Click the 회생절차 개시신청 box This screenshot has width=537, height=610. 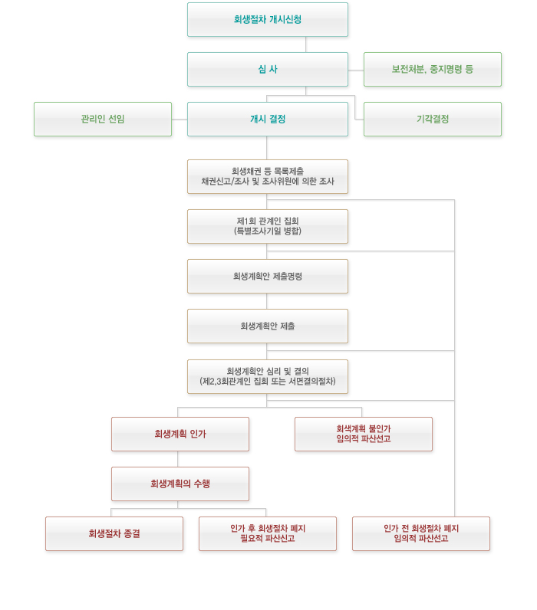(x=267, y=20)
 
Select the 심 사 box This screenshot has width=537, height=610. (x=267, y=70)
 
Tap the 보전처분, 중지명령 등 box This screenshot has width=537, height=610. (x=432, y=70)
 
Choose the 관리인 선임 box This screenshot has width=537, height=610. (x=102, y=120)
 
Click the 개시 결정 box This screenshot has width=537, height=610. (x=267, y=120)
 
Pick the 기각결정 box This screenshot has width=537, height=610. (x=432, y=120)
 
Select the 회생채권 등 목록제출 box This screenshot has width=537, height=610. (x=267, y=176)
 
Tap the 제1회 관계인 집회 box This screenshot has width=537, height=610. (x=267, y=226)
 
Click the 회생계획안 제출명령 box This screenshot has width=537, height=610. (x=267, y=276)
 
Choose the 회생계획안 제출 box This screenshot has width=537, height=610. (x=267, y=326)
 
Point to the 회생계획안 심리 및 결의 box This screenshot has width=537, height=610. (x=267, y=376)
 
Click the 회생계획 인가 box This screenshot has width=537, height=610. (x=180, y=435)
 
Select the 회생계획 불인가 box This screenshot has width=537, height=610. (x=363, y=435)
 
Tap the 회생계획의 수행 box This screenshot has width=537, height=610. (x=180, y=484)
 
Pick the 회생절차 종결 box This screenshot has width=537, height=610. (x=114, y=534)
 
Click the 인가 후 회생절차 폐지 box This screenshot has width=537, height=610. (x=267, y=534)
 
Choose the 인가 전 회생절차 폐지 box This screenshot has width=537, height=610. (x=420, y=534)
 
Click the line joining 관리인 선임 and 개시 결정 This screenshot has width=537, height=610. (x=180, y=120)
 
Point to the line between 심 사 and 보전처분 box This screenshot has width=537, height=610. (x=356, y=70)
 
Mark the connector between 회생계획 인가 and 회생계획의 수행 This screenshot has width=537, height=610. (x=179, y=459)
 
